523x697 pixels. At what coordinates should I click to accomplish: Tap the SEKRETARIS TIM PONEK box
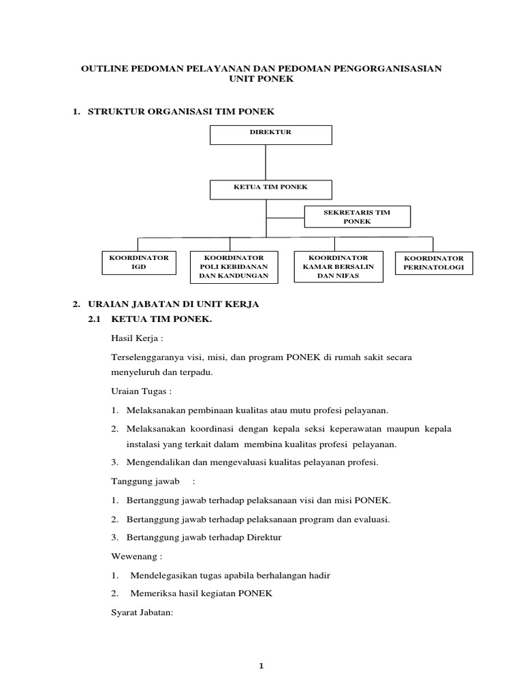[x=357, y=217]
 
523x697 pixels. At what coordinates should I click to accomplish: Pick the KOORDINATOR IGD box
[x=139, y=263]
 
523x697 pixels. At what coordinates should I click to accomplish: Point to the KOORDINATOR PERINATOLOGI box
[x=434, y=263]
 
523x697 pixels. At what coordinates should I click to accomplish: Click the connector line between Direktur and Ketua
[x=266, y=162]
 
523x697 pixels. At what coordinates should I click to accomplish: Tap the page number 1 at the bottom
[x=261, y=665]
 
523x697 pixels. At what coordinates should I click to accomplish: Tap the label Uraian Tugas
[x=140, y=392]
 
